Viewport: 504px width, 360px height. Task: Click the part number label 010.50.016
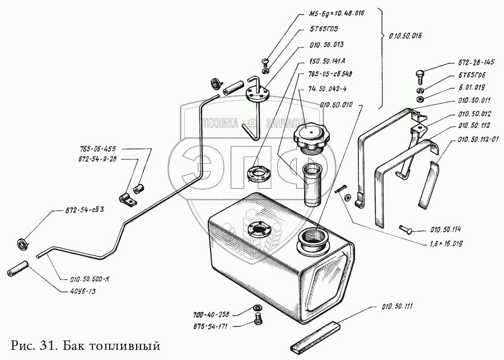click(x=405, y=35)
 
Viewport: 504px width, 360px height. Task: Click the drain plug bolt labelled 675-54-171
click(x=259, y=321)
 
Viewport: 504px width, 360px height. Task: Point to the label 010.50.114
click(x=448, y=229)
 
